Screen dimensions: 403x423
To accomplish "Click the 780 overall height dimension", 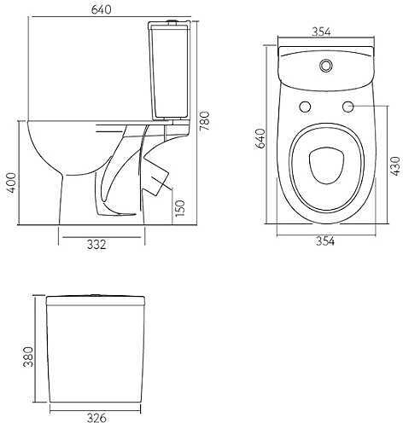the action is click(204, 121).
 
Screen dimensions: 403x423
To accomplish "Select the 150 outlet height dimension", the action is click(180, 208).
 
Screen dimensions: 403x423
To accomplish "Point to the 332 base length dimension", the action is click(96, 245).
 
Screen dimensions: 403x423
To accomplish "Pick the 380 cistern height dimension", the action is click(28, 356).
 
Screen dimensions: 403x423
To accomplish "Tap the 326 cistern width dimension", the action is click(96, 418).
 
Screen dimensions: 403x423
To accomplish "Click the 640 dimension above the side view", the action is click(102, 9).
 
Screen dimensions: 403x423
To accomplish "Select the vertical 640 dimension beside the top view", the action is click(260, 138).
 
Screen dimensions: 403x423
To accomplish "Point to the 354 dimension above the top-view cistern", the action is click(321, 32).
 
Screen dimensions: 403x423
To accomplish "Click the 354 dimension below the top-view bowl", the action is click(325, 241).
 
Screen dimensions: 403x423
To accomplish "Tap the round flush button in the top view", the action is click(326, 65).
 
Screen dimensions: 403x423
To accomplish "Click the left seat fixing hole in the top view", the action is click(306, 107).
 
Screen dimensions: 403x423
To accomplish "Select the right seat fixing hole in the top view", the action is click(348, 107).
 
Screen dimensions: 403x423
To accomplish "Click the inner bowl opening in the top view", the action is click(326, 165).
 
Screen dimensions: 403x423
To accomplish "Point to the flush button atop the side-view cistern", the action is click(172, 20).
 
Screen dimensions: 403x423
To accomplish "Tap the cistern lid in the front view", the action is click(96, 300).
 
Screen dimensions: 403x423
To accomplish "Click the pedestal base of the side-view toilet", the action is click(102, 199).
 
